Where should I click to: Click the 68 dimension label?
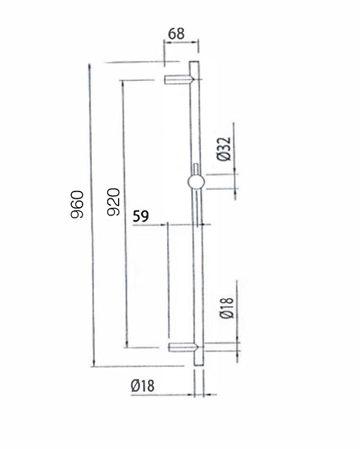pos(176,34)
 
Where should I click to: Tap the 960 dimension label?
pos(77,205)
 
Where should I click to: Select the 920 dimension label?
pos(113,202)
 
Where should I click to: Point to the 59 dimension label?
pos(141,216)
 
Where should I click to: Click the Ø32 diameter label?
pos(224,149)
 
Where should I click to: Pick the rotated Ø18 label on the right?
pos(227,308)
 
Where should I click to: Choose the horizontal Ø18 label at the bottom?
pos(143,386)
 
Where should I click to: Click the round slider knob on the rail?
pos(196,182)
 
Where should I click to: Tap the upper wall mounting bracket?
pos(179,80)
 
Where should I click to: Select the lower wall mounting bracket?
pos(183,347)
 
